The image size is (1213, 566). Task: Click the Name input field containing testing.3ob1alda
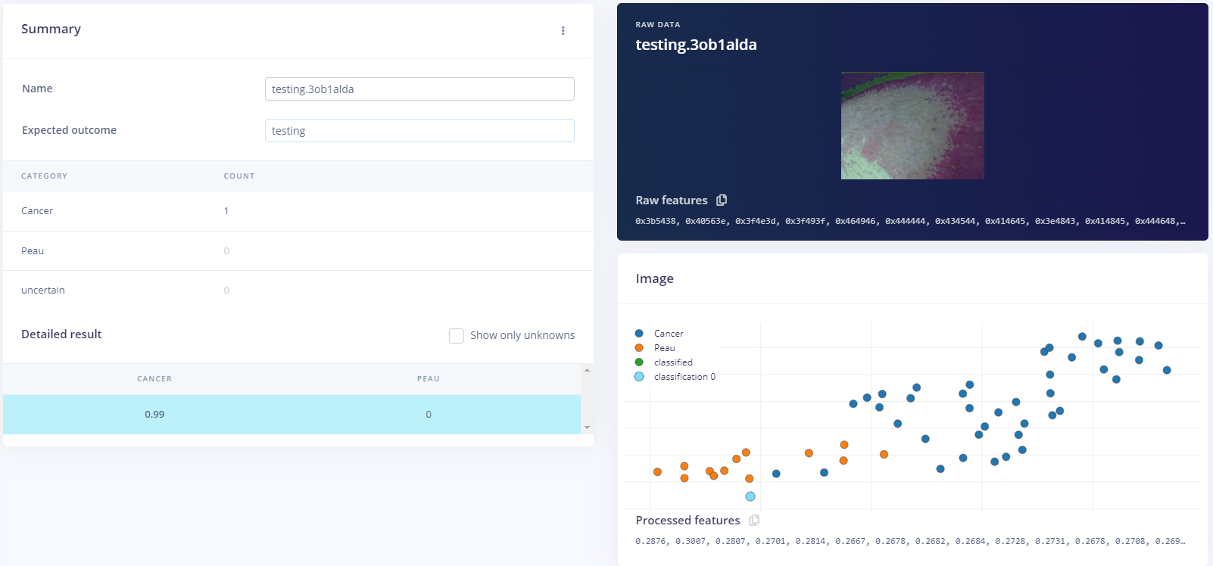click(x=419, y=89)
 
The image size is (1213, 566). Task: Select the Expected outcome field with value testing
click(x=419, y=130)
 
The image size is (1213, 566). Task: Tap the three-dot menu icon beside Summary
click(x=563, y=30)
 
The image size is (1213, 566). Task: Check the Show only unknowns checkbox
click(x=457, y=335)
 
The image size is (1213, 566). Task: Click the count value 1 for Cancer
click(x=226, y=211)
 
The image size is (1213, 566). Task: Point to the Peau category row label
click(x=33, y=251)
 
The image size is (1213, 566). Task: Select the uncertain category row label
click(x=43, y=291)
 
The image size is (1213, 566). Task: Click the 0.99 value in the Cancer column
click(x=154, y=415)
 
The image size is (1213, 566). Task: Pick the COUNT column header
click(x=239, y=176)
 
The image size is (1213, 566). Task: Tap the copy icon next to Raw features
click(x=722, y=200)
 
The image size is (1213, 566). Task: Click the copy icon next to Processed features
click(x=754, y=520)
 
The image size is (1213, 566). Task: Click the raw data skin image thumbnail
click(x=912, y=126)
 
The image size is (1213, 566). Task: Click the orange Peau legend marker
click(x=639, y=348)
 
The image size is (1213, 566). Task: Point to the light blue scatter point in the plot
click(x=750, y=496)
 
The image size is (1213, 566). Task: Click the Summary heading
click(x=51, y=29)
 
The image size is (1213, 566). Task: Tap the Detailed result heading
click(x=61, y=334)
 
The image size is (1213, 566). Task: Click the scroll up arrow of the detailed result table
click(x=587, y=370)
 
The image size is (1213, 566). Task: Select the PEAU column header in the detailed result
click(x=429, y=379)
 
